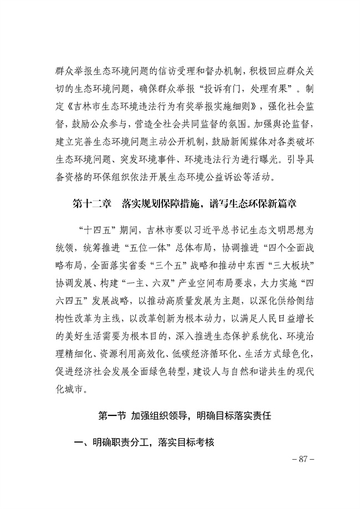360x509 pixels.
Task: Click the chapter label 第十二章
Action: tap(91, 204)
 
